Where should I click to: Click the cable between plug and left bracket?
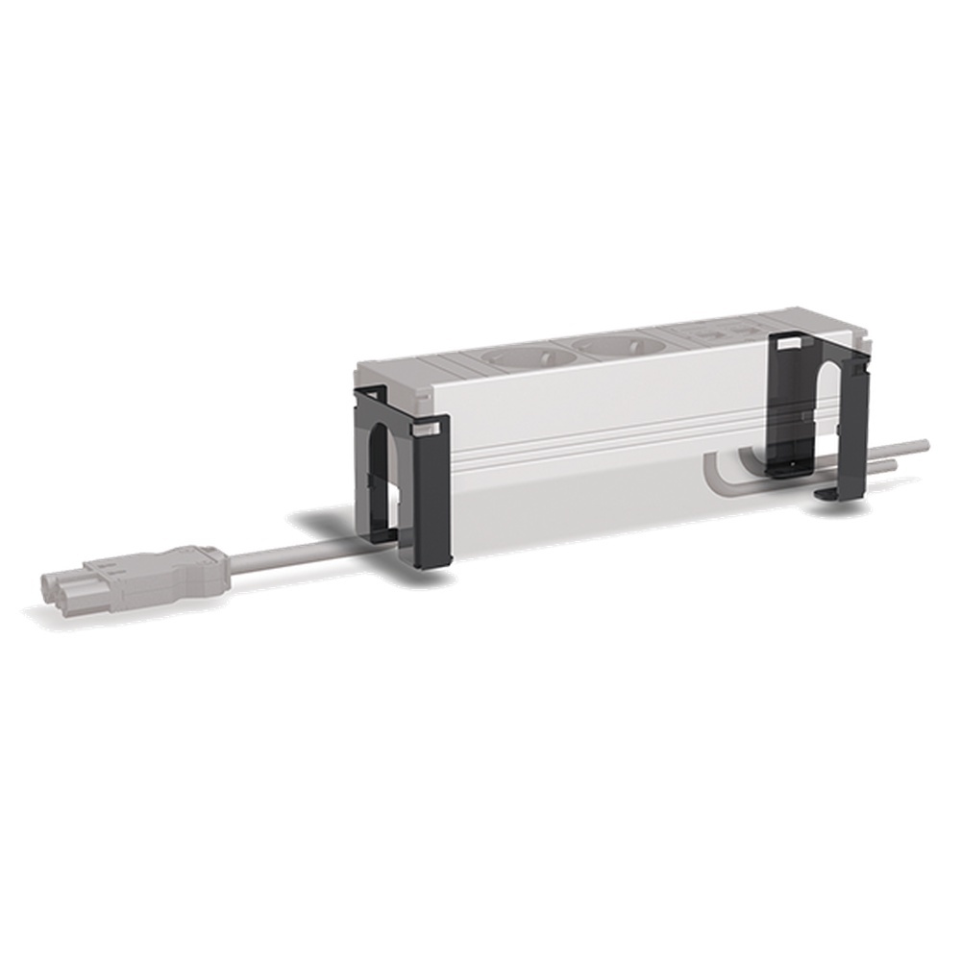point(288,555)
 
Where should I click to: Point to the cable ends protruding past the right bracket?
point(903,452)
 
